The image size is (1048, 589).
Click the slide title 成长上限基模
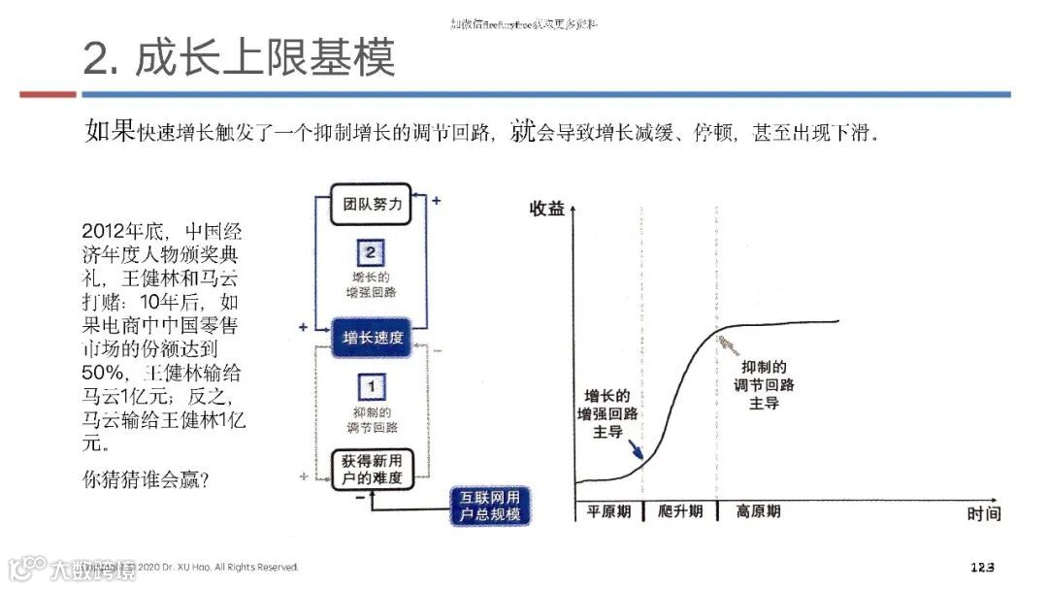[240, 58]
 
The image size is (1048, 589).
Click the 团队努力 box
[366, 205]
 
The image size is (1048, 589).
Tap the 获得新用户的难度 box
[367, 468]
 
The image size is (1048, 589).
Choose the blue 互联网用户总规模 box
[490, 505]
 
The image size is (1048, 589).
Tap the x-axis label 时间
[983, 514]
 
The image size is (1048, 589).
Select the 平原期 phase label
[607, 510]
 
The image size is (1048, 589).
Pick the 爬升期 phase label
[679, 510]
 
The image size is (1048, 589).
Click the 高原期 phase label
[759, 510]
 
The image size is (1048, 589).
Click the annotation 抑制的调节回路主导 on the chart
[764, 384]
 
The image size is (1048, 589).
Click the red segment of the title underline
[48, 94]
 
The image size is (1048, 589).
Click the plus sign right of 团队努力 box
[437, 201]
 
